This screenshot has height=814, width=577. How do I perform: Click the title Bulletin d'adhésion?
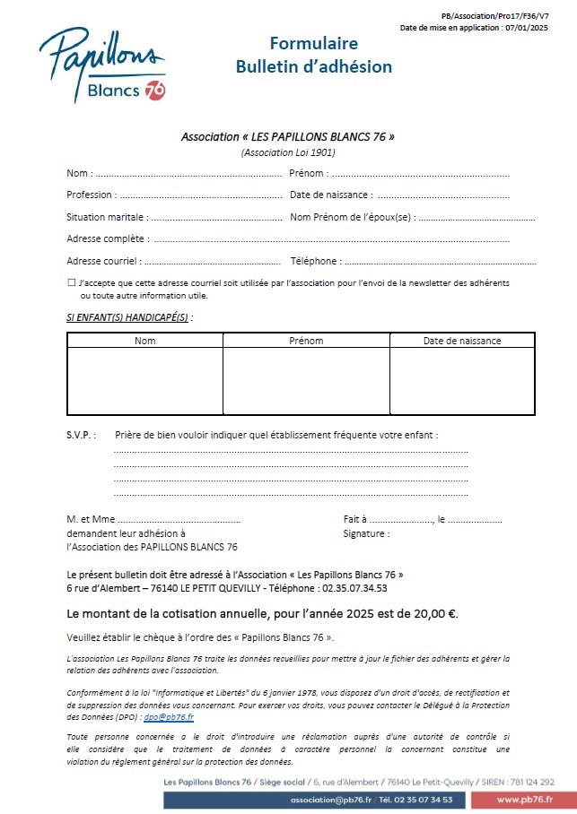[x=313, y=66]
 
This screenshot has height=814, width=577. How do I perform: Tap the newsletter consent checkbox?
[x=72, y=282]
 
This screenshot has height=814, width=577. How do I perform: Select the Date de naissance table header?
[x=462, y=341]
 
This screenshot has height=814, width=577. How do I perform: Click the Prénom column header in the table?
[x=306, y=341]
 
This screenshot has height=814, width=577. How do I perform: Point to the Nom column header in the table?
[x=144, y=341]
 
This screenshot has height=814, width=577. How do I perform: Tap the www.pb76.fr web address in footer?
[x=524, y=799]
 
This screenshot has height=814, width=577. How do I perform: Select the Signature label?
[x=366, y=534]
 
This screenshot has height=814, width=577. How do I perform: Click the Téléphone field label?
[x=315, y=262]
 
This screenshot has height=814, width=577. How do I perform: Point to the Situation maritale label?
[x=107, y=217]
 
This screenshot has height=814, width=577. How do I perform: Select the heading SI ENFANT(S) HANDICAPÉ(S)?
[x=127, y=317]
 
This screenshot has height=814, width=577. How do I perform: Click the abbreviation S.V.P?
[x=81, y=435]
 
